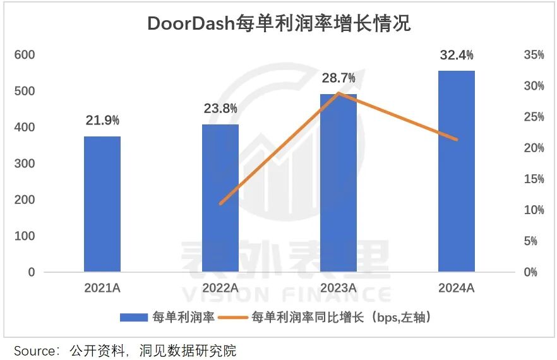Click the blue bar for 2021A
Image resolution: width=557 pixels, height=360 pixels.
point(102,204)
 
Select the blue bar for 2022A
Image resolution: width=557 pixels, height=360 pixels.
point(220,198)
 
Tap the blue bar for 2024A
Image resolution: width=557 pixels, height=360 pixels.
point(457,171)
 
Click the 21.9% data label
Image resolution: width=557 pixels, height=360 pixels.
point(102,120)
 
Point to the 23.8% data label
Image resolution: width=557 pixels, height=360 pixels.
point(220,109)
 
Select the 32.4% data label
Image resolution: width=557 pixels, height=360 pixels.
point(457,55)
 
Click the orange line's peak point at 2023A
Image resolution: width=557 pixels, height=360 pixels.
point(338,93)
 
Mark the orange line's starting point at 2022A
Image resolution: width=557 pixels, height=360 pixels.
point(220,204)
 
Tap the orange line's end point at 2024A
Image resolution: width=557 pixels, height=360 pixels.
point(457,140)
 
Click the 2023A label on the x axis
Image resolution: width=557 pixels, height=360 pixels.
point(338,288)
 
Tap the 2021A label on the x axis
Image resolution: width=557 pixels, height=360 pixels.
point(102,288)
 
